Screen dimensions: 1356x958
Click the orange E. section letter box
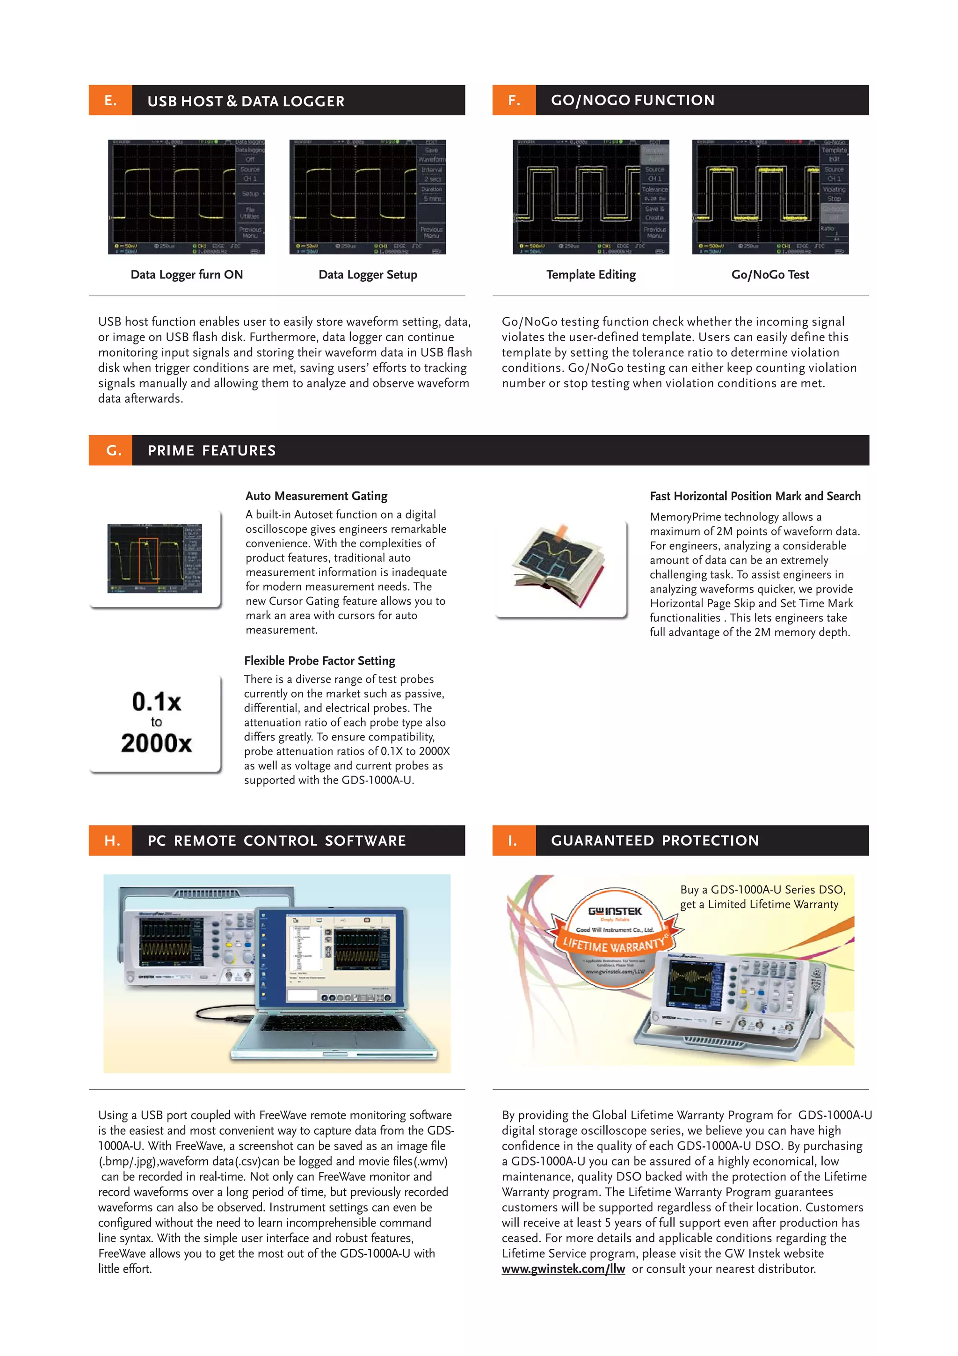tap(110, 100)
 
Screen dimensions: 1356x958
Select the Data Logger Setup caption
tap(368, 275)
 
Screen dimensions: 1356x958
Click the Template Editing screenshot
tap(591, 197)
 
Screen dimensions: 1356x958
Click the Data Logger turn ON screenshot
tap(186, 197)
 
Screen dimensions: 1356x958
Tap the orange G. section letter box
tap(110, 451)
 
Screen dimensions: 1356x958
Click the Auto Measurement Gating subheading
tap(316, 496)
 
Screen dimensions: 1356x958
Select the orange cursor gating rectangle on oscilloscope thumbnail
tap(148, 560)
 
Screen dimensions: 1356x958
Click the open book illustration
tap(559, 564)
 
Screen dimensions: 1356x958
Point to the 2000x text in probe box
tap(156, 743)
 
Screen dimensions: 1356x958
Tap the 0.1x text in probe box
tap(156, 702)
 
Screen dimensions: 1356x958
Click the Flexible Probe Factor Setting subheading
tap(319, 661)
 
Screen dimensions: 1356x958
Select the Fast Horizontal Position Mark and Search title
tap(755, 496)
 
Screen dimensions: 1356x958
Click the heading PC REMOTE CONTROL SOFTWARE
tap(276, 840)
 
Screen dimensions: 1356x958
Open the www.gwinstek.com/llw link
tap(563, 1268)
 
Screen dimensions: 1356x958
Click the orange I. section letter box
tap(514, 840)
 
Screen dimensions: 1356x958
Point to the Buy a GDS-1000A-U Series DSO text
tap(762, 889)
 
